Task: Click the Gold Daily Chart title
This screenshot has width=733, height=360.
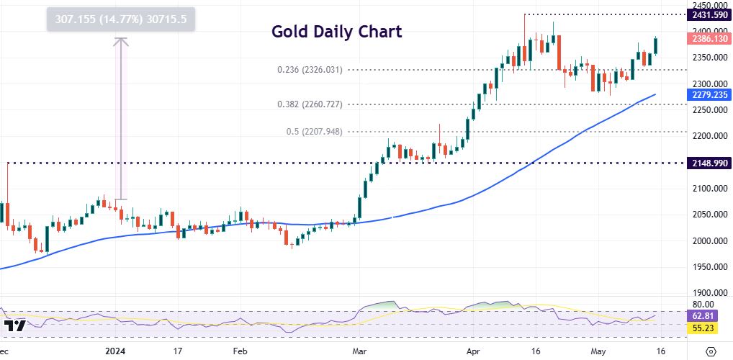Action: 336,32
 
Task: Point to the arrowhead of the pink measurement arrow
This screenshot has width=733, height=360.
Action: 121,40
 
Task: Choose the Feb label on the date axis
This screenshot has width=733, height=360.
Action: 240,351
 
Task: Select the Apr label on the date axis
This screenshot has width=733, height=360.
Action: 473,351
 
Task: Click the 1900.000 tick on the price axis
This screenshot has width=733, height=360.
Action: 709,293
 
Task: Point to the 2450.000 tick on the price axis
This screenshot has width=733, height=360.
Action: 709,4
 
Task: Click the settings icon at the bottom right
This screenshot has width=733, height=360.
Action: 711,351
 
